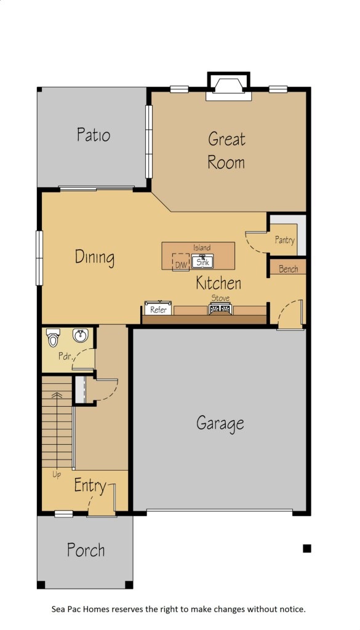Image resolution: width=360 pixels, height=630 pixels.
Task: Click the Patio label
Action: point(94,135)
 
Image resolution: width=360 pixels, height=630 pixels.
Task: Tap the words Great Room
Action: point(226,151)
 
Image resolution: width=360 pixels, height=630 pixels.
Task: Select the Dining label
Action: point(95,257)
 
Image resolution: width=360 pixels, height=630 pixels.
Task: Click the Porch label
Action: point(86,550)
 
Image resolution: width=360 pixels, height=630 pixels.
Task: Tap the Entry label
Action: point(90,486)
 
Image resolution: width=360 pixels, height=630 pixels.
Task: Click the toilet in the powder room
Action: point(53,338)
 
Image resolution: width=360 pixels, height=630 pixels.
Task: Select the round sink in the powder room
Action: point(81,335)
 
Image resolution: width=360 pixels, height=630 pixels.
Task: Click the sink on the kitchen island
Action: point(202,262)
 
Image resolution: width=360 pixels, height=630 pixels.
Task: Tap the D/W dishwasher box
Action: point(180,262)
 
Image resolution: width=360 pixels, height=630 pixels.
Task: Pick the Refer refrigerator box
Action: point(158,309)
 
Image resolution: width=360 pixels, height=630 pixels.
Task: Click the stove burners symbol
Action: point(220,309)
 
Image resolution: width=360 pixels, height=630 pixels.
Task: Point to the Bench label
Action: point(288,269)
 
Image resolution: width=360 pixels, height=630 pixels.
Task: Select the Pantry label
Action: point(285,240)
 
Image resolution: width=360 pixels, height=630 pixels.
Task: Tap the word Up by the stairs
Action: point(57,474)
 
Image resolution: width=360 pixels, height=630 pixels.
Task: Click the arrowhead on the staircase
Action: point(57,396)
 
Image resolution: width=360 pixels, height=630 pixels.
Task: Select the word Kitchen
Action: point(218,283)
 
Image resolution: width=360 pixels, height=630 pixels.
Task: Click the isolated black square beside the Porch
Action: point(307,548)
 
